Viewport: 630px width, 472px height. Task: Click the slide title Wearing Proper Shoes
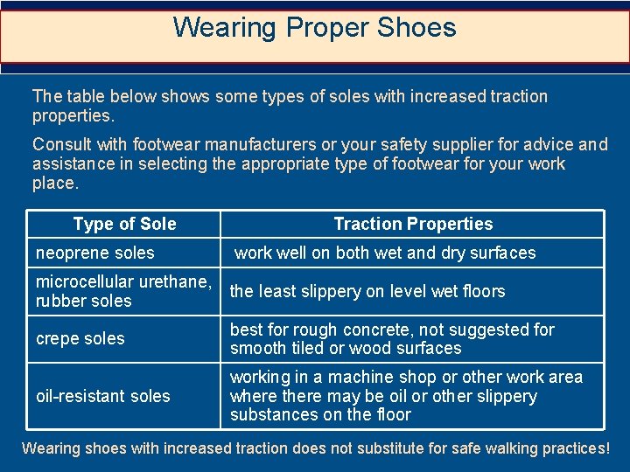pos(314,27)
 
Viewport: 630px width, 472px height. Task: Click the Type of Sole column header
pos(124,224)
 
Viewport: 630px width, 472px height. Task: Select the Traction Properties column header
pos(413,224)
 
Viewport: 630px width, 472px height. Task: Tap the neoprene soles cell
pos(94,253)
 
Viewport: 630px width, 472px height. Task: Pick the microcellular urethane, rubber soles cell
pos(122,291)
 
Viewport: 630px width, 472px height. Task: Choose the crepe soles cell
pos(80,338)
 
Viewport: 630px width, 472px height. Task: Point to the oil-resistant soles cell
pos(103,396)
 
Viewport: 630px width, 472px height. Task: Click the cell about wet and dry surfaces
pos(385,253)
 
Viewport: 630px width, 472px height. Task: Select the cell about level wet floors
pos(367,291)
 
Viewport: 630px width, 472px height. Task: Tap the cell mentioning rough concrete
pos(392,338)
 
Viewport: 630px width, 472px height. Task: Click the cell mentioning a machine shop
pos(406,396)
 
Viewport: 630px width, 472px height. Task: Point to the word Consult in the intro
pos(60,144)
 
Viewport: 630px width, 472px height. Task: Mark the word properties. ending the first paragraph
pos(73,115)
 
